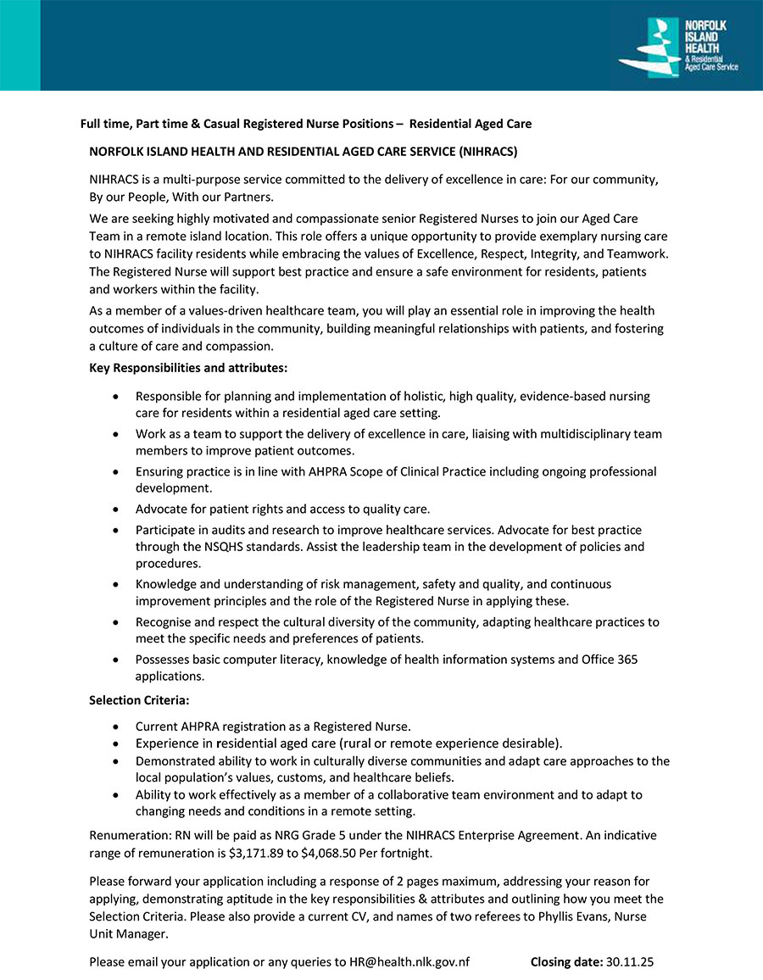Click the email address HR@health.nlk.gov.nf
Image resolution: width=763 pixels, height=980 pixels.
[x=409, y=962]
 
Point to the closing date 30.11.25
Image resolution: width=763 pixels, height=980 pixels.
[x=630, y=962]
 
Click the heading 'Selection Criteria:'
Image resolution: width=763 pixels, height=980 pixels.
[x=139, y=701]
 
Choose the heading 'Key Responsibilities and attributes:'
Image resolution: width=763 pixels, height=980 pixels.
[x=188, y=368]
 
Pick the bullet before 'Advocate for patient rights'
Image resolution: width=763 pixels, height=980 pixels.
[x=115, y=510]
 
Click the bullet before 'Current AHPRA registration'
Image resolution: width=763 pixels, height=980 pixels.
[x=115, y=727]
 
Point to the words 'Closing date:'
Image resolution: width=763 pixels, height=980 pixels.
[x=566, y=962]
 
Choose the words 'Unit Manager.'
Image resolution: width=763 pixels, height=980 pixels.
[x=128, y=934]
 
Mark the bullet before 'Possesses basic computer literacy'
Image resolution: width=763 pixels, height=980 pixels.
[x=115, y=660]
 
